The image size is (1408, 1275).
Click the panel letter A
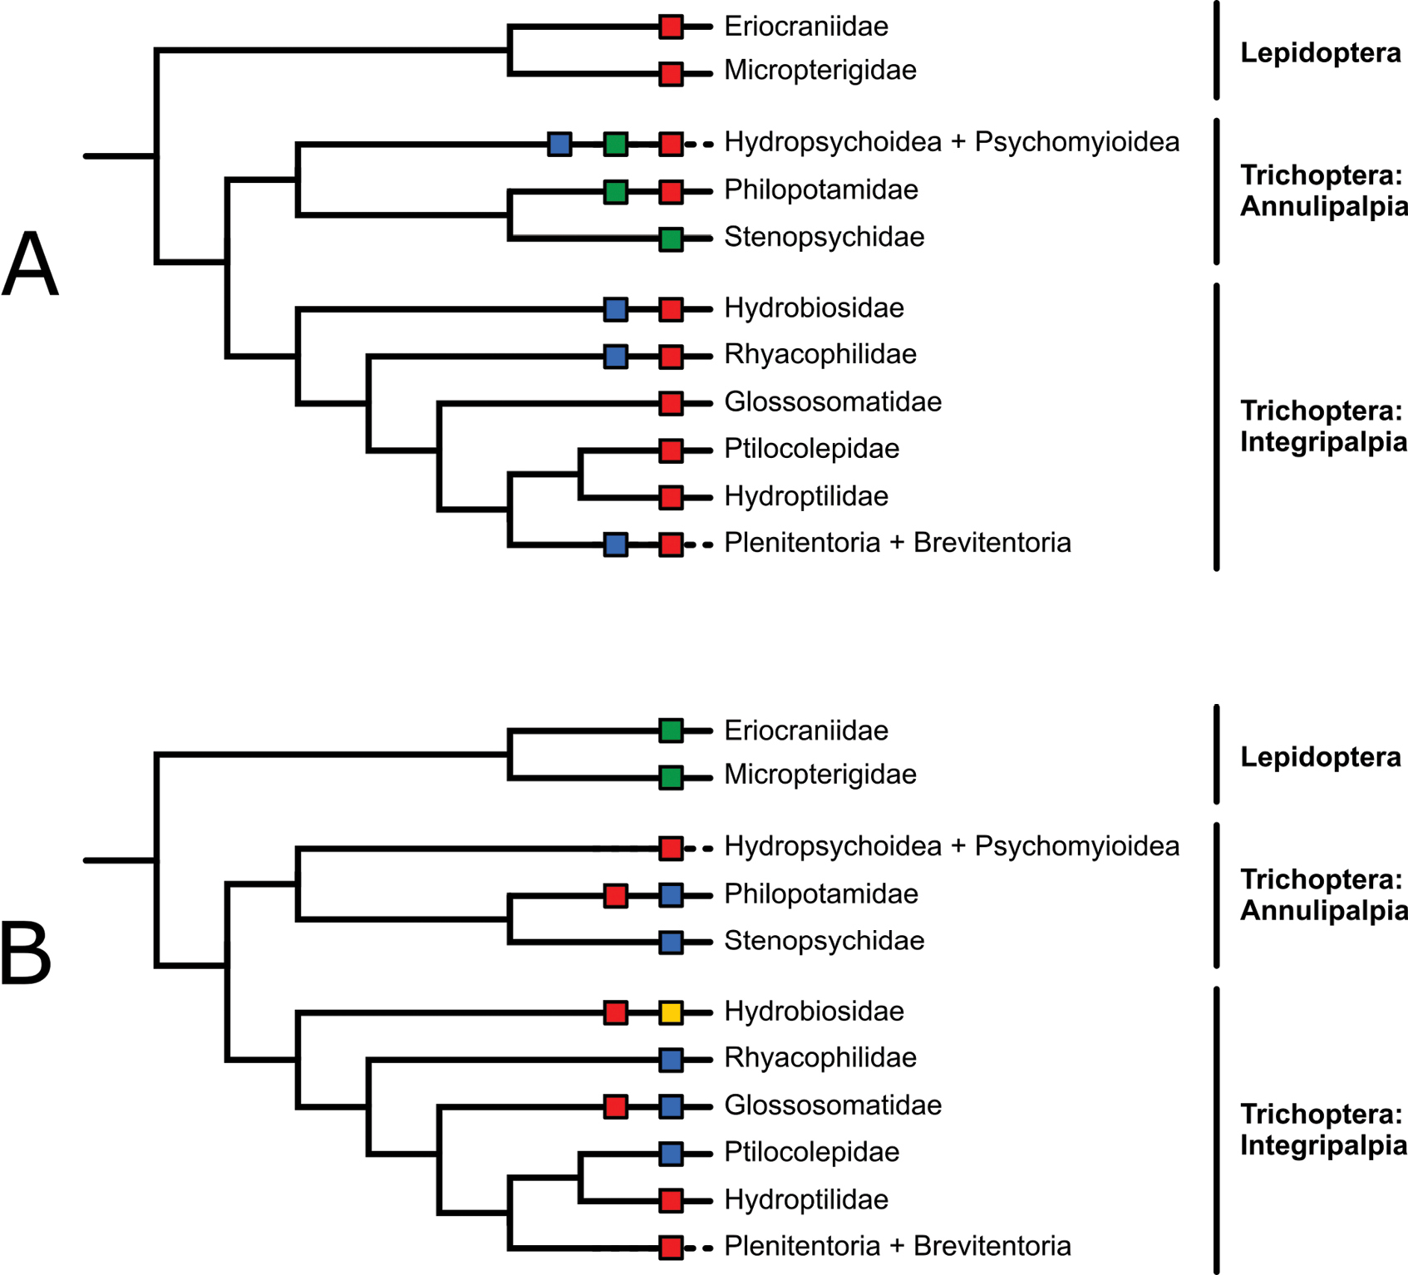click(31, 263)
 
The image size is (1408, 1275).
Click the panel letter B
click(27, 953)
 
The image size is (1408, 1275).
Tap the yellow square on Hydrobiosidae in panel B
click(671, 1012)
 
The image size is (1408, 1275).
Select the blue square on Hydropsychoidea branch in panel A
click(559, 144)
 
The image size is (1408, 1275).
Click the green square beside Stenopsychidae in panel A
click(671, 239)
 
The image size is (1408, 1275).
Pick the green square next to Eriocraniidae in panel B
click(671, 731)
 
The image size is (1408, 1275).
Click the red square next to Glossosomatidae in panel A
click(671, 404)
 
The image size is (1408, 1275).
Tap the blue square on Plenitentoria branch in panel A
click(615, 545)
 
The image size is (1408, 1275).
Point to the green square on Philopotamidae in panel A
click(615, 192)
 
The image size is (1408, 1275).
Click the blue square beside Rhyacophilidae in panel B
click(671, 1059)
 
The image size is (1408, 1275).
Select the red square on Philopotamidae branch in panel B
click(615, 895)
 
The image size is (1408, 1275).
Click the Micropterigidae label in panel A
click(820, 71)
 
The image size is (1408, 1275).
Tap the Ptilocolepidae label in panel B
click(812, 1152)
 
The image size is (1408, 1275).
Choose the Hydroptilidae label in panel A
click(806, 496)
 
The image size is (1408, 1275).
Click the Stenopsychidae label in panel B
click(825, 941)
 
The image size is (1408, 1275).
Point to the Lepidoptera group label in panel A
click(1321, 53)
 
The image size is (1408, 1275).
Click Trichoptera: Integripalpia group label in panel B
click(1324, 1130)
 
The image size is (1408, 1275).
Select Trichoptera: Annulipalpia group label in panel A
click(1324, 190)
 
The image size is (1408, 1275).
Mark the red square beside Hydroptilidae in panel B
click(671, 1200)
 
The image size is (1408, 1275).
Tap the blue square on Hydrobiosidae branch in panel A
click(615, 310)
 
